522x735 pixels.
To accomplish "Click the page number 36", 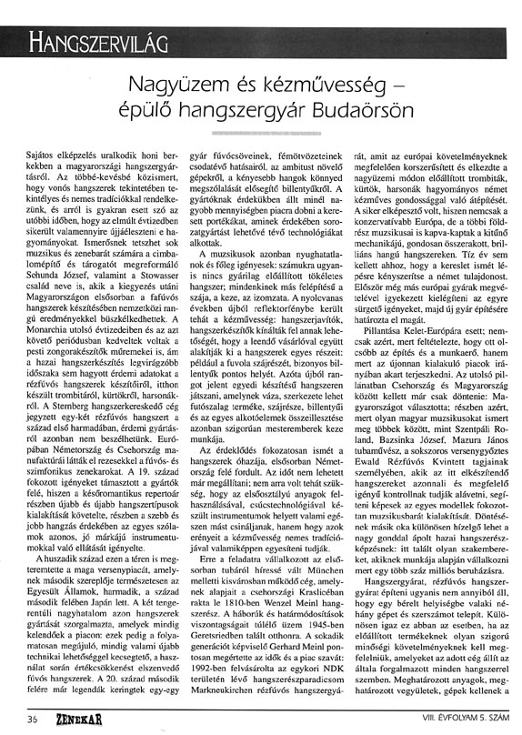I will point(33,718).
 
